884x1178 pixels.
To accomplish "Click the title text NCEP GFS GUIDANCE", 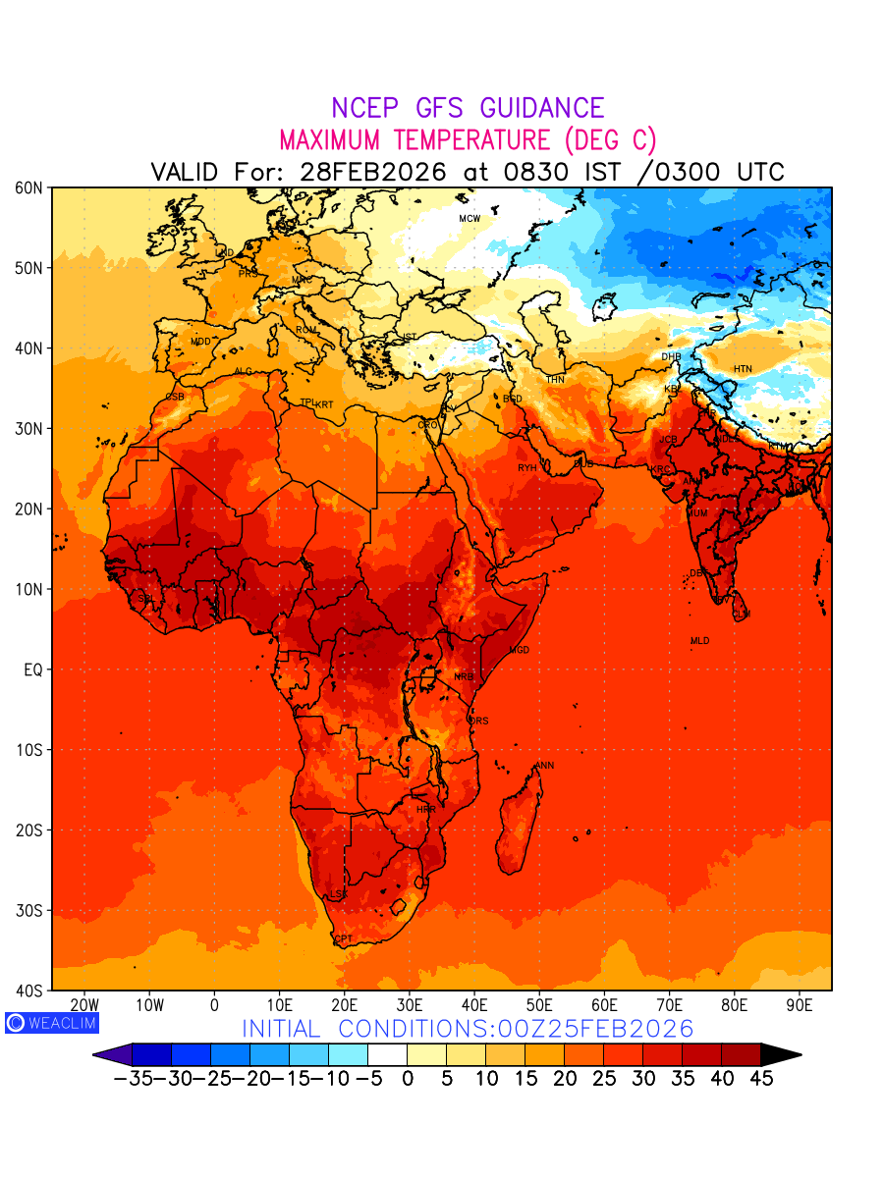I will (x=468, y=108).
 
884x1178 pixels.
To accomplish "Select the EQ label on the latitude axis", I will (x=31, y=669).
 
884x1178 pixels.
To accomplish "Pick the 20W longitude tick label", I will (x=84, y=1005).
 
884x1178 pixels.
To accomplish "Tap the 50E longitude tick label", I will (x=539, y=1005).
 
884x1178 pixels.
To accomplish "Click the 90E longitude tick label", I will (x=800, y=1005).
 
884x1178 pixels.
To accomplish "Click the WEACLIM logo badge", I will (x=52, y=1023).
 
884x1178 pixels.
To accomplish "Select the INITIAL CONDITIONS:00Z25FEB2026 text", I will (x=468, y=1029).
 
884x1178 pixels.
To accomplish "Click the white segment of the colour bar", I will (x=387, y=1054).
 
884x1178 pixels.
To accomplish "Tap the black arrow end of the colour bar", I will (x=781, y=1054).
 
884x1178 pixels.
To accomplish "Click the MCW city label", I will (x=470, y=218).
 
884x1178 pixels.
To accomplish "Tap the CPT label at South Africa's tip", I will (x=343, y=939).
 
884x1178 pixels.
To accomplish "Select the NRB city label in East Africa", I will (x=464, y=677).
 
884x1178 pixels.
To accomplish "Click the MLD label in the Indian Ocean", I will (x=699, y=641).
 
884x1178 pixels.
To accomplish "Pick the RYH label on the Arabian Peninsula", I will (x=527, y=468).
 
